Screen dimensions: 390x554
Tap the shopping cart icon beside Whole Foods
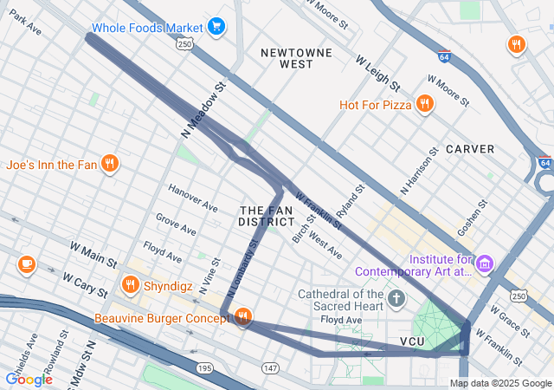216,27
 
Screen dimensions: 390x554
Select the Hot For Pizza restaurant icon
424,105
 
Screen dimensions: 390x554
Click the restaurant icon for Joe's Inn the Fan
109,163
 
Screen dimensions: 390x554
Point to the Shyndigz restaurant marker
131,283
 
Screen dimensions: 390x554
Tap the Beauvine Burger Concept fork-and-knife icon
243,318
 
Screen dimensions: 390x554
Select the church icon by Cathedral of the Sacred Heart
396,300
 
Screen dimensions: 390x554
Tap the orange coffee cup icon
26,263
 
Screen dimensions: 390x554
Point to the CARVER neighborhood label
470,149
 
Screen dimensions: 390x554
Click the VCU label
413,341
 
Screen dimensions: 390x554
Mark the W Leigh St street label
377,74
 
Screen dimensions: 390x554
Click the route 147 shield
270,369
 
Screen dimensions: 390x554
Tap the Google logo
29,379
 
